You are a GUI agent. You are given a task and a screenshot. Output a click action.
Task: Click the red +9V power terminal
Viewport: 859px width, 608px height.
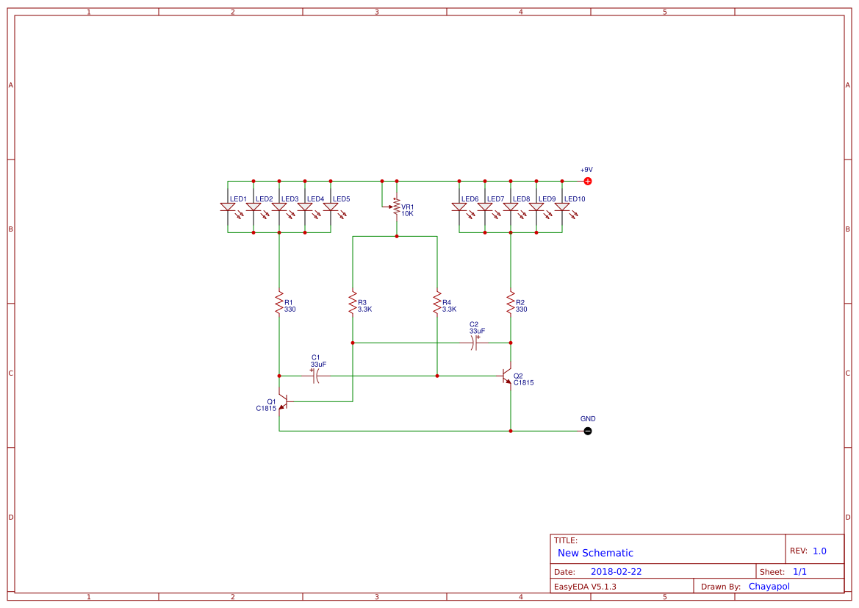click(x=587, y=181)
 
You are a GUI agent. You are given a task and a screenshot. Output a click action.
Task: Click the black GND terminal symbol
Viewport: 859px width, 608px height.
click(x=587, y=431)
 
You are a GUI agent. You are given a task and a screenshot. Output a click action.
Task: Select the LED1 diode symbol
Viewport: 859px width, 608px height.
click(x=228, y=207)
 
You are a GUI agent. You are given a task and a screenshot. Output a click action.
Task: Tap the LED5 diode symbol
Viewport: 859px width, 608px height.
click(x=331, y=207)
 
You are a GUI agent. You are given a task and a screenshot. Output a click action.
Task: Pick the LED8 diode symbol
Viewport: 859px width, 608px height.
click(x=511, y=207)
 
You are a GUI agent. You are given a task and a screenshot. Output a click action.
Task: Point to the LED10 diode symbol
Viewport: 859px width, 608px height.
click(x=562, y=207)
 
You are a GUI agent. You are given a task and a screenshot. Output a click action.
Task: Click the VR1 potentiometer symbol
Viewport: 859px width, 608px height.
click(x=397, y=207)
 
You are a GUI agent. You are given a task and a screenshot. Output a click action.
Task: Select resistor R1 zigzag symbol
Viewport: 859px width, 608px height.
click(x=279, y=303)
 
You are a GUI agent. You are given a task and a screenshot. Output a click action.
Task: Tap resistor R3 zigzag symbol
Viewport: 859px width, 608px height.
click(x=353, y=303)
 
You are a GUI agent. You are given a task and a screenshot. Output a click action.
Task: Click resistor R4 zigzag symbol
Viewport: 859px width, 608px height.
click(x=437, y=303)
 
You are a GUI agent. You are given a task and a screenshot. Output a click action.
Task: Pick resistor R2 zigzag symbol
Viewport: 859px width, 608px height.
click(x=511, y=303)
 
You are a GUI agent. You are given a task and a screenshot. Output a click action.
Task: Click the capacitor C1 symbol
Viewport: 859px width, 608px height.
click(x=315, y=376)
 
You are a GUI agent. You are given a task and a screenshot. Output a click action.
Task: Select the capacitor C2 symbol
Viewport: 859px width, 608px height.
click(x=475, y=343)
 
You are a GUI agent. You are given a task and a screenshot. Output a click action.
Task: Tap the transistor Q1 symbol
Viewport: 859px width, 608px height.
click(x=282, y=401)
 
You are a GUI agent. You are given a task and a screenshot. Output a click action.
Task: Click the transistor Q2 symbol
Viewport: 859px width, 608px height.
click(x=507, y=376)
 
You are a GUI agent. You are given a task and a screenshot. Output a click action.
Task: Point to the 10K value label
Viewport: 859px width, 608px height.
click(x=407, y=214)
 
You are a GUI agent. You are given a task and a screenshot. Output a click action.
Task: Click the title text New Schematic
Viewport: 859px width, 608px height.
click(x=595, y=553)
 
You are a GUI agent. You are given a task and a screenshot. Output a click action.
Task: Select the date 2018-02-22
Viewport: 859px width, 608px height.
click(x=616, y=572)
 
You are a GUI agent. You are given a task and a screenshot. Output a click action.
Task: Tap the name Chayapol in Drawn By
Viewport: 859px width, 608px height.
click(x=769, y=587)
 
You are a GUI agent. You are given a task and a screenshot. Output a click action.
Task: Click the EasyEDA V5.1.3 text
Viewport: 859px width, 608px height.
click(x=585, y=587)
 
